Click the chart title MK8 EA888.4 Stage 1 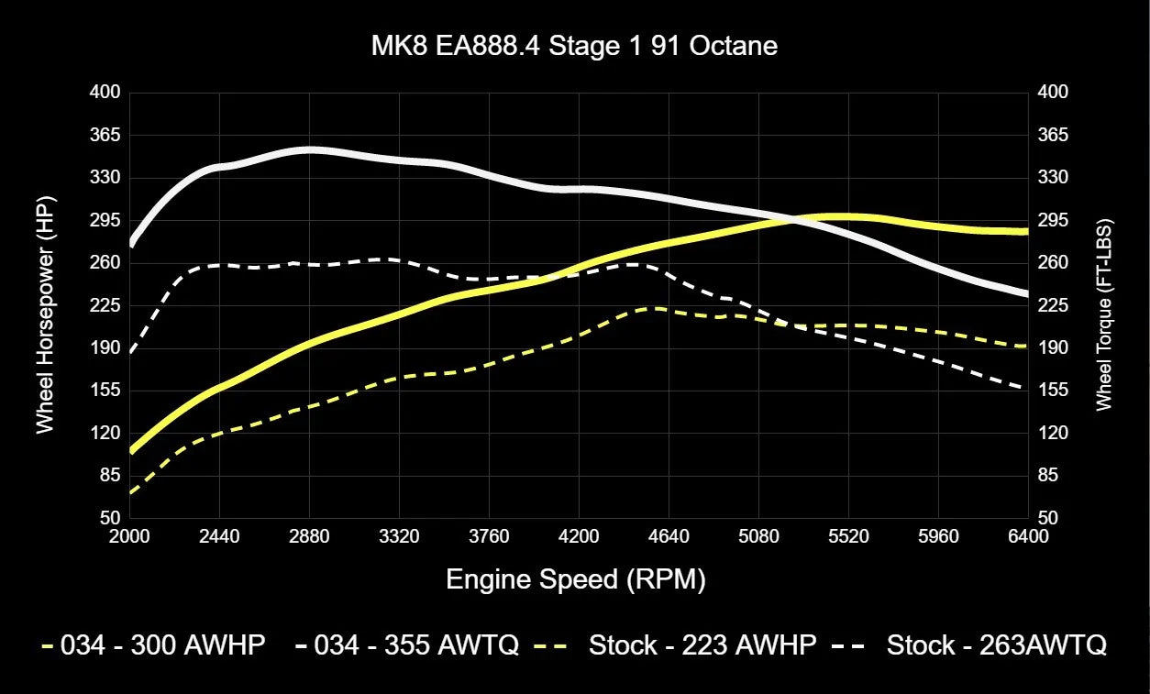[x=575, y=46]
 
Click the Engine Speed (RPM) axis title [x=576, y=579]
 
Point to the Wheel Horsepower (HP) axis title [x=44, y=314]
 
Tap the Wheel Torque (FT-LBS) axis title [x=1103, y=314]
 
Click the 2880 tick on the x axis [x=309, y=536]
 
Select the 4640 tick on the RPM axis [x=669, y=536]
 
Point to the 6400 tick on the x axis [x=1028, y=536]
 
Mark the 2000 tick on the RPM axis [x=129, y=536]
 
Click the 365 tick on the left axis [x=106, y=135]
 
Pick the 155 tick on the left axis [x=106, y=391]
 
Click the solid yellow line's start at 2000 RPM [x=131, y=450]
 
